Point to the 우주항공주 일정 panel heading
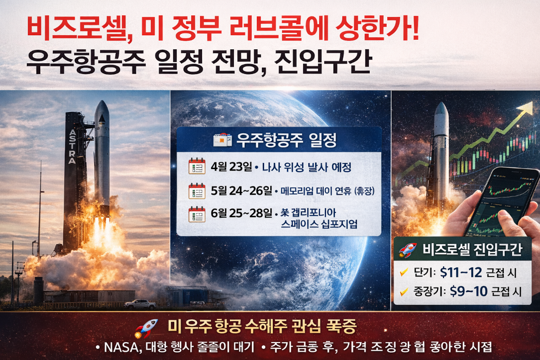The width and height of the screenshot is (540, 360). tap(287, 141)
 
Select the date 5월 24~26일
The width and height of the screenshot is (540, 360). tap(241, 190)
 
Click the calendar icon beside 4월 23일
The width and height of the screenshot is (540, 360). tap(197, 167)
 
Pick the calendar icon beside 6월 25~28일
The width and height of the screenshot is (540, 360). tap(197, 214)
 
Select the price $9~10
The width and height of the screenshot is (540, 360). tap(468, 291)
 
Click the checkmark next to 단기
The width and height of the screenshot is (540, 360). tap(404, 272)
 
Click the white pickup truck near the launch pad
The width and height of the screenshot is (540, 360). tap(140, 303)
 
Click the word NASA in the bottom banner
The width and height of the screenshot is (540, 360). tap(120, 347)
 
